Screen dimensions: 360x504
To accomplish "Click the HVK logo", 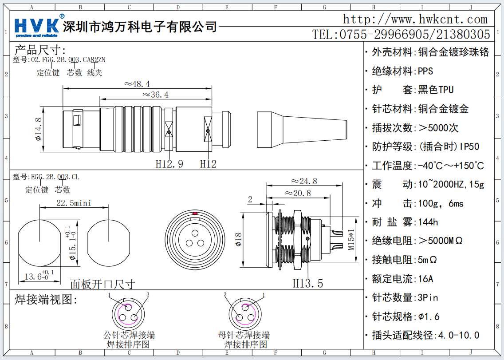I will click(x=37, y=26).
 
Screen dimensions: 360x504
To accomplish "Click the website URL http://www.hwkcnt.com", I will click(x=415, y=19).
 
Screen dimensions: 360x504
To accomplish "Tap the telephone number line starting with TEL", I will click(x=401, y=34).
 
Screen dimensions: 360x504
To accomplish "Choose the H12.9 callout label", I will click(x=169, y=164).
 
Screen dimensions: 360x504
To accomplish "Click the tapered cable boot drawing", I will click(x=301, y=129).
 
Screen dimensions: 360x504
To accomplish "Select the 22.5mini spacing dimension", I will click(x=74, y=203).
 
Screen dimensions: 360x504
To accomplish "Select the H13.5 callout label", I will click(x=307, y=283).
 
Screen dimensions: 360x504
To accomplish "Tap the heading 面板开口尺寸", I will click(x=102, y=284).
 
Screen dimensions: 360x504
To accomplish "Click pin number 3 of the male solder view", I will click(x=148, y=295).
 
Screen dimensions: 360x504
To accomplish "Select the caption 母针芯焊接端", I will click(x=244, y=335).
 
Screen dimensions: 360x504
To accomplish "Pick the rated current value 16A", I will click(x=425, y=279).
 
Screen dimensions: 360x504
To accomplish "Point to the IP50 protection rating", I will click(x=469, y=146).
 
